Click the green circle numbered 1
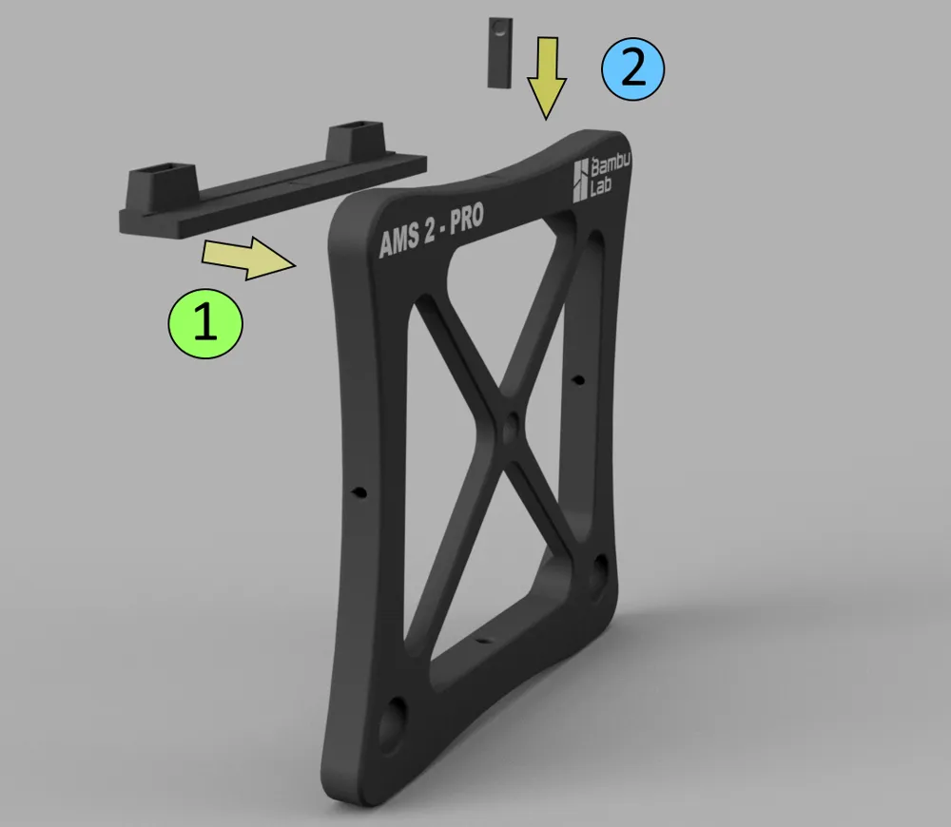[204, 323]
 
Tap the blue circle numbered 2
[633, 69]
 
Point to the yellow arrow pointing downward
[548, 76]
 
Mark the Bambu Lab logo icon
[582, 181]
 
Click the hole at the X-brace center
[512, 429]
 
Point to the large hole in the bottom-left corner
[393, 723]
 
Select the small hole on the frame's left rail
[359, 492]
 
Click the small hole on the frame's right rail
[576, 382]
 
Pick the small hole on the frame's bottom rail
[483, 642]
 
